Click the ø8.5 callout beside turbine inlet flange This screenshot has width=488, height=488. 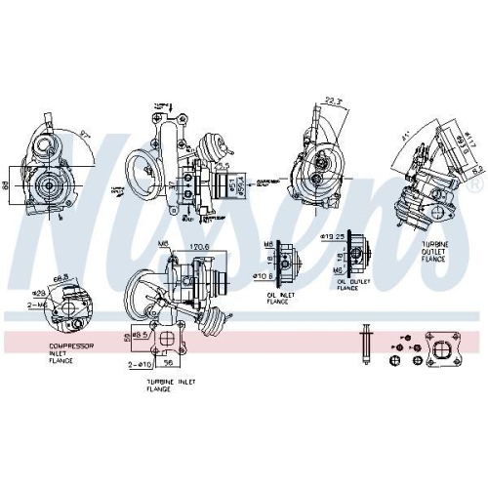[138, 336]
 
